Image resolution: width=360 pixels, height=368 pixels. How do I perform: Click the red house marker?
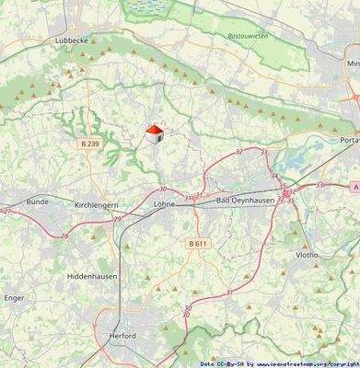(155, 134)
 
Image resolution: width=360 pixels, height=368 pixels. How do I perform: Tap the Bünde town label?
(37, 201)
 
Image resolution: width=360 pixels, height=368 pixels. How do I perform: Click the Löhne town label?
(166, 203)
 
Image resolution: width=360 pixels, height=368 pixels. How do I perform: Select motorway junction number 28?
(64, 236)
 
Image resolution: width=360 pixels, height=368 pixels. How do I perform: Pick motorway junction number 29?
(117, 219)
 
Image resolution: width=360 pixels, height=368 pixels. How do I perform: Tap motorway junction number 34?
(273, 175)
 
